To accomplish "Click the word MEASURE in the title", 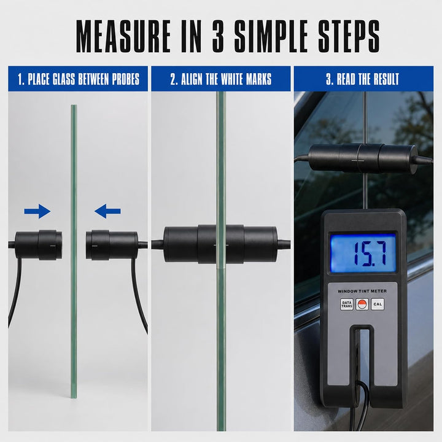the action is coord(123,36).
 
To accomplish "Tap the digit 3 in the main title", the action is coord(218,36).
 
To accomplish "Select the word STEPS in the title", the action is coord(349,36).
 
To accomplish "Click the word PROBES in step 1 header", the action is coord(126,79).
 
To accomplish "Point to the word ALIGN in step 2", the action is coord(192,79).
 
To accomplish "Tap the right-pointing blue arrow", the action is coord(37,211).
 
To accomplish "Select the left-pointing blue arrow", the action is coord(107,211).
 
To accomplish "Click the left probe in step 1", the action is coord(38,245).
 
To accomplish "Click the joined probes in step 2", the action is coord(220,244).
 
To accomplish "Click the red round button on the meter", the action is coord(362,304).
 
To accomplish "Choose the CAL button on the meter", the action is coord(378,304).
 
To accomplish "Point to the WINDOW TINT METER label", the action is coord(362,291).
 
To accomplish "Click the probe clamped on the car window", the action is coord(363,158).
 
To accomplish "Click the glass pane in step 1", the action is coord(74,252).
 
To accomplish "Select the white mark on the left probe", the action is coord(53,246).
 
